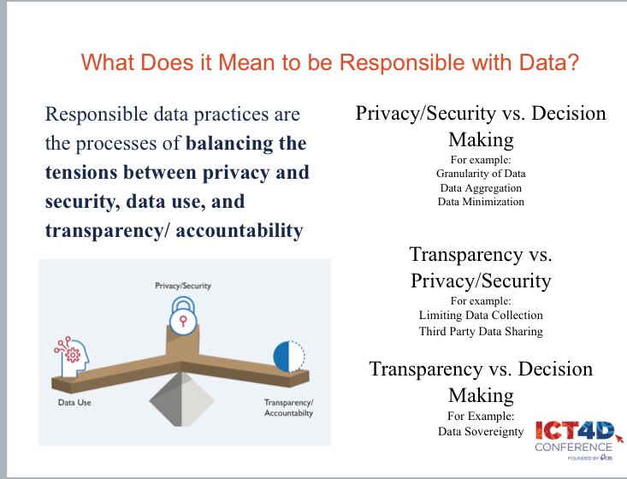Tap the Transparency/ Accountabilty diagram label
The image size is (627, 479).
pyautogui.click(x=288, y=408)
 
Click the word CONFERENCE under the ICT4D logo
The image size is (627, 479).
pyautogui.click(x=573, y=447)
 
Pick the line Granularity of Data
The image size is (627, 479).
pyautogui.click(x=480, y=172)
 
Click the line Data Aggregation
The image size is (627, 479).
pyautogui.click(x=480, y=186)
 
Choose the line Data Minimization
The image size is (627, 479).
pyautogui.click(x=480, y=202)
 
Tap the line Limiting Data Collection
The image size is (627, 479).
pyautogui.click(x=480, y=316)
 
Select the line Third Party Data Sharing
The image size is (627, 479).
pyautogui.click(x=480, y=332)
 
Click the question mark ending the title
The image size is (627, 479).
pyautogui.click(x=573, y=62)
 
